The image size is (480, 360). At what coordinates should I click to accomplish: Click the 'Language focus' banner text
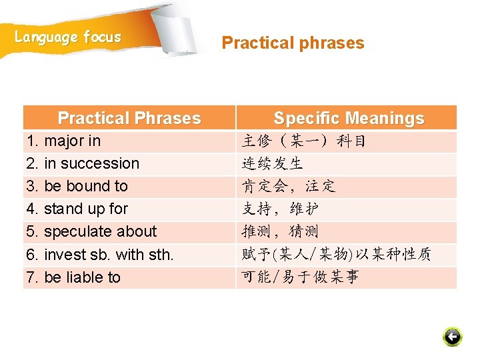68,37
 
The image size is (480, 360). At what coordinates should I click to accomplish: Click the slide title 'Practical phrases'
293,43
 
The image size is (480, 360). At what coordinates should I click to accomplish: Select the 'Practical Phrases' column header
129,118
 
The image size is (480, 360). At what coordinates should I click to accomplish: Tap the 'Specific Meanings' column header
348,118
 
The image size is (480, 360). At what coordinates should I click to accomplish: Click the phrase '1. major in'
63,141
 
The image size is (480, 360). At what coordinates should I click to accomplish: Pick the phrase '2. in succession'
83,163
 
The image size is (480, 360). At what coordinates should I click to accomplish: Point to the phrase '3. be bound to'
77,186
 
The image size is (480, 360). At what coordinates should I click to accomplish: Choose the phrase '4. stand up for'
77,209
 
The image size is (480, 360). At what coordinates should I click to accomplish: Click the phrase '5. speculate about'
91,231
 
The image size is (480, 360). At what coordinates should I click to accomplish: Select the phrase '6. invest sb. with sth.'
99,254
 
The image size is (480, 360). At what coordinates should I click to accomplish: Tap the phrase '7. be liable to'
73,277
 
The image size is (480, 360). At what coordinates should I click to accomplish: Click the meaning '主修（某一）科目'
303,141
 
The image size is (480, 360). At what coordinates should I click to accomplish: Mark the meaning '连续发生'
273,164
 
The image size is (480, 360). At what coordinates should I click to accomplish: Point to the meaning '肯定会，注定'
288,186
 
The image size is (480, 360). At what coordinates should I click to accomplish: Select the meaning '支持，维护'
280,209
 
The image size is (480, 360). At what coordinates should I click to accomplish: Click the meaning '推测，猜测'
280,231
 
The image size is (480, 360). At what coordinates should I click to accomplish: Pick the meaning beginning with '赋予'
336,254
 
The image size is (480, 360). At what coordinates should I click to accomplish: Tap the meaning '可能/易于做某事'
300,277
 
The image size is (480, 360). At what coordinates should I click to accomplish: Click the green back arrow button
452,337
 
